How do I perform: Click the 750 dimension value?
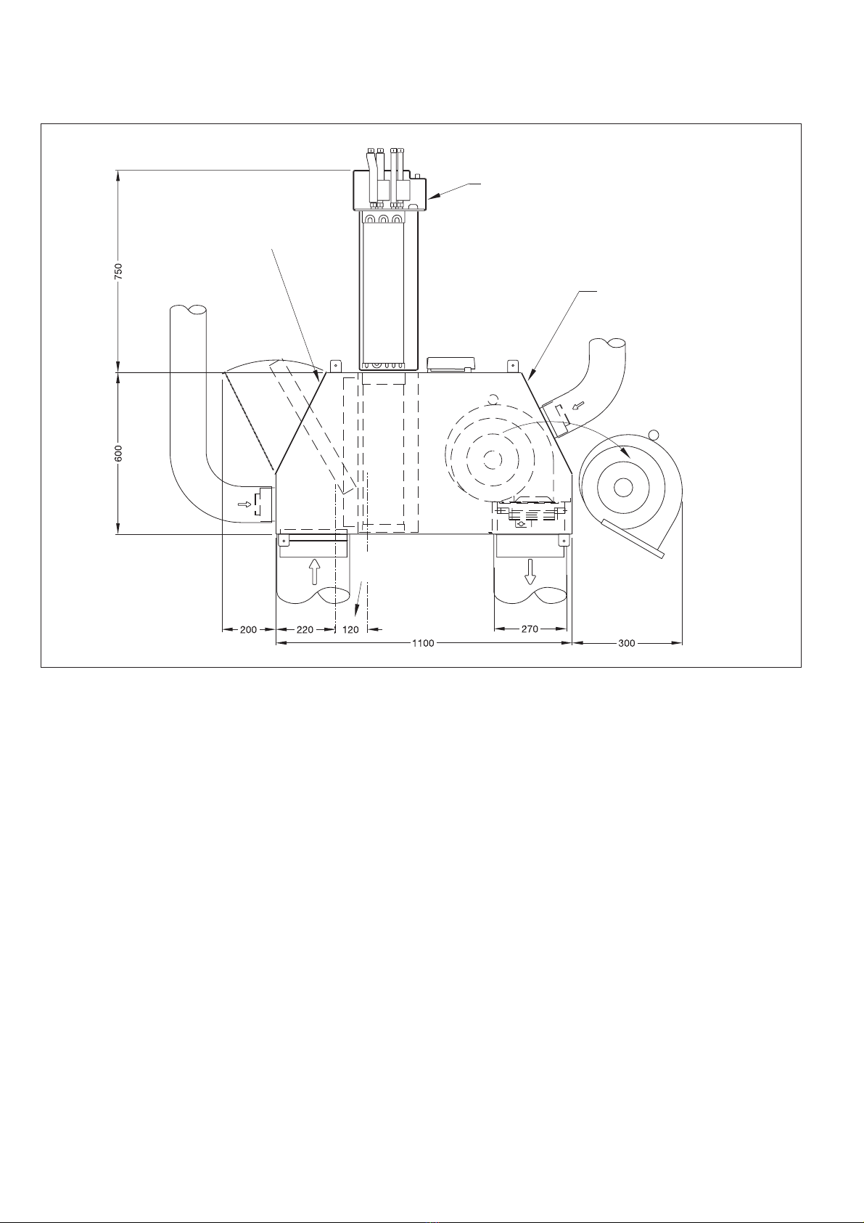[119, 271]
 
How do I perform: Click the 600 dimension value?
[119, 454]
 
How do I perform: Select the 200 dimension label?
[248, 629]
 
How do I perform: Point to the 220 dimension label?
[305, 629]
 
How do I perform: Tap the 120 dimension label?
[350, 629]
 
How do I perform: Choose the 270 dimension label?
[530, 629]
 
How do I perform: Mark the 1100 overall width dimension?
[423, 643]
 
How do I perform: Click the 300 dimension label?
[627, 643]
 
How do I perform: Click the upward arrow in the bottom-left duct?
[313, 571]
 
